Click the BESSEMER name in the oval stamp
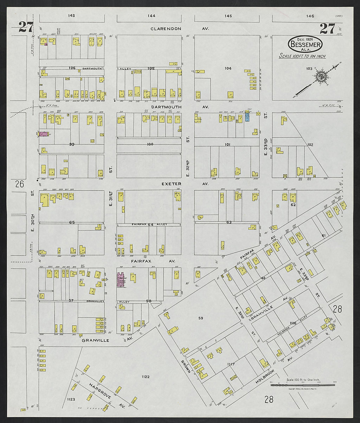click(x=305, y=45)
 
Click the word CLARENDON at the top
click(x=166, y=29)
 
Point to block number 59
click(x=201, y=318)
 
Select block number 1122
click(x=146, y=377)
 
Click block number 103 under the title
click(x=309, y=69)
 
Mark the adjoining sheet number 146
click(x=310, y=16)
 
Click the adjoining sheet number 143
click(x=72, y=16)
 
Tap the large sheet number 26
click(x=20, y=184)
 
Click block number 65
click(x=72, y=222)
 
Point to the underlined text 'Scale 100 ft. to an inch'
click(x=302, y=56)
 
